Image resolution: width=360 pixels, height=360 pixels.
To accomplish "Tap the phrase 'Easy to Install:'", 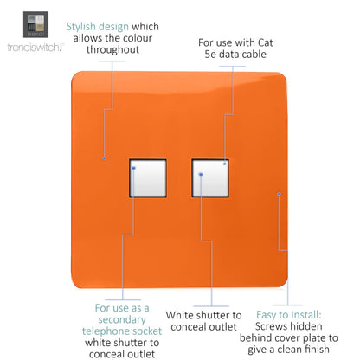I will tap(290, 316).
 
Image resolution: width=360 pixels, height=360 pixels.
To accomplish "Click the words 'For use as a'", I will tap(121, 307).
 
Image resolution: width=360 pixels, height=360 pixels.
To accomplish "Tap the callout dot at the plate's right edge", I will tap(278, 194).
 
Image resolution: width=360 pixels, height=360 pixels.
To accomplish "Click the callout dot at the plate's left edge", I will tap(80, 159).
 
